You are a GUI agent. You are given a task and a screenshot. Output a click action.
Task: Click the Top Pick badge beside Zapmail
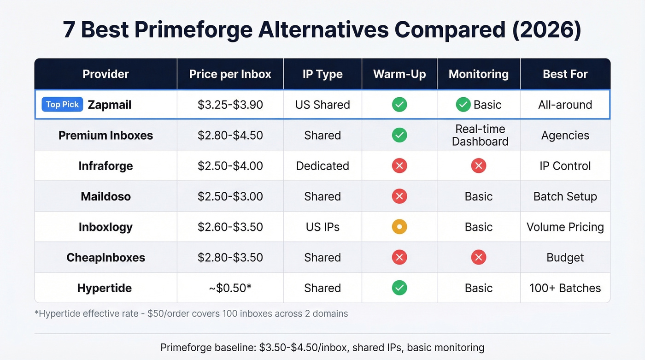click(62, 105)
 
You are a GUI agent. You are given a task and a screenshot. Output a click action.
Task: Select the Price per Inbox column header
click(230, 74)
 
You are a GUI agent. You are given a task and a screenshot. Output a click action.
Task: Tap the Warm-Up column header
click(399, 74)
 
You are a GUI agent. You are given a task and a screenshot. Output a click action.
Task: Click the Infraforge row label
click(106, 166)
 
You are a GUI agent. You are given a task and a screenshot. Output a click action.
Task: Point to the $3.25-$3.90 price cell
click(230, 105)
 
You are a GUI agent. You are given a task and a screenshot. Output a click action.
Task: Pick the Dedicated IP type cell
click(322, 166)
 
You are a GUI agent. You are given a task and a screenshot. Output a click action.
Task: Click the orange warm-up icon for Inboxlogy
click(399, 227)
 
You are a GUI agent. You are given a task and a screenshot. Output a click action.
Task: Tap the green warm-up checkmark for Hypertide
click(399, 288)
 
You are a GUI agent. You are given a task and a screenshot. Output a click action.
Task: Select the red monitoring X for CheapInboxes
click(479, 257)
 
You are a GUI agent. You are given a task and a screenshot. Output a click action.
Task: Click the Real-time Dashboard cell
click(480, 135)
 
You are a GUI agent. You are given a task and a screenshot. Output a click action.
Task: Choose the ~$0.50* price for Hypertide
click(230, 288)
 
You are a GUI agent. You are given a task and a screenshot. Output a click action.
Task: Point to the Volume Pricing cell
click(565, 227)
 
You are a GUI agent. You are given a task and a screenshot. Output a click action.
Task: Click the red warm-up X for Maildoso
click(399, 196)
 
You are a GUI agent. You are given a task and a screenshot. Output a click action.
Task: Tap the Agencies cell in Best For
click(565, 135)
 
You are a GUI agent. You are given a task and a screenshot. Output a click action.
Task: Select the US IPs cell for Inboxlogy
click(322, 227)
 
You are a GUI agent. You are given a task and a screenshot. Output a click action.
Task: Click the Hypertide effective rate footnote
click(191, 314)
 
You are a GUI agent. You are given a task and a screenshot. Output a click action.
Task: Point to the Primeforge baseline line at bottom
click(322, 347)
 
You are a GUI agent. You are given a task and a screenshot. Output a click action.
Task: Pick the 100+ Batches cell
click(565, 288)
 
